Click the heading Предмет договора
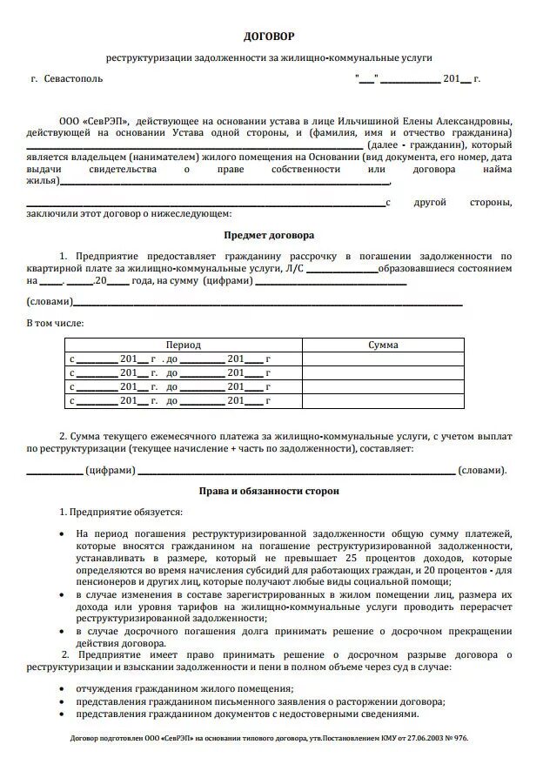tap(269, 235)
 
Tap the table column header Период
tap(184, 345)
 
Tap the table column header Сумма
tap(383, 345)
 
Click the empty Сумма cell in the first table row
tap(383, 359)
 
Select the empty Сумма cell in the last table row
tap(383, 400)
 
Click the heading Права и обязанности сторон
tap(269, 491)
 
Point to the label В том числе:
tap(56, 323)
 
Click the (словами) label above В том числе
tap(50, 302)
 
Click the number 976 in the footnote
tap(459, 738)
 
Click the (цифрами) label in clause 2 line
tap(111, 471)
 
